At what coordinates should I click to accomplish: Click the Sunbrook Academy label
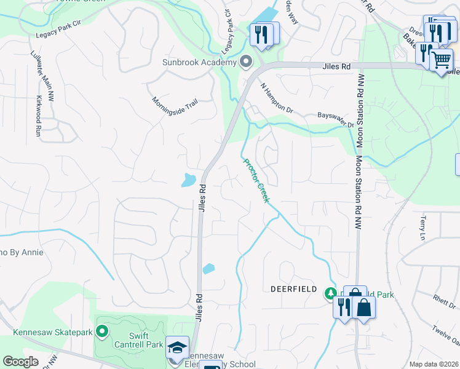point(199,62)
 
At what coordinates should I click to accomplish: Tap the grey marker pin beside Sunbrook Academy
point(247,61)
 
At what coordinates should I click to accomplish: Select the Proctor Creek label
point(256,181)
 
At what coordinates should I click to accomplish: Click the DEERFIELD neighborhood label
point(293,289)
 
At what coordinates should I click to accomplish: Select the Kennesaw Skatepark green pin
point(102,333)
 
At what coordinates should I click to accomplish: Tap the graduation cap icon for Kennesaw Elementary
point(178,347)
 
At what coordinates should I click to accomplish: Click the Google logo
point(20,362)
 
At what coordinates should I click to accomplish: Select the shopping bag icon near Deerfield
point(363,307)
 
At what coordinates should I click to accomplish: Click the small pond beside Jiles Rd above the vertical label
point(189,180)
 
